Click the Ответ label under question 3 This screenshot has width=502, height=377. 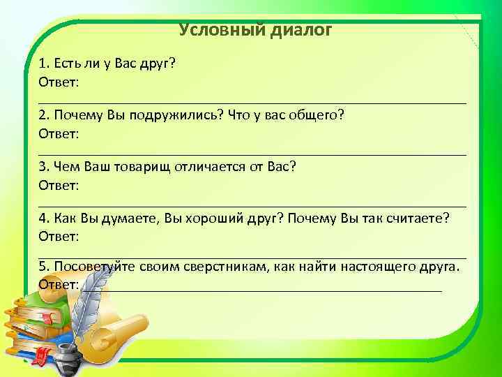pyautogui.click(x=59, y=185)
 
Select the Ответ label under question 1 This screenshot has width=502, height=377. pyautogui.click(x=59, y=82)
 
